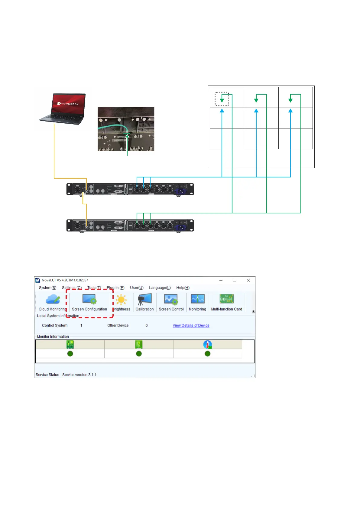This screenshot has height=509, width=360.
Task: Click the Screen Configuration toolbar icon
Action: [89, 299]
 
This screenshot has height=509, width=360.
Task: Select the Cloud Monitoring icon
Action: [53, 299]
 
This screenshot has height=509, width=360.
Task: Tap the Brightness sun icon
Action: [121, 300]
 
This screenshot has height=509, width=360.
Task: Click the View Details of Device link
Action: [191, 326]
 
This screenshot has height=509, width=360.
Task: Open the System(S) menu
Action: [47, 288]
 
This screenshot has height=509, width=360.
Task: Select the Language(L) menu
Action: [160, 288]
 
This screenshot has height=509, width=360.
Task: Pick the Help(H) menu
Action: [183, 288]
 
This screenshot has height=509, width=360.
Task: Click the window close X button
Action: [248, 280]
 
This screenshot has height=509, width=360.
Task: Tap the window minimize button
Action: [221, 280]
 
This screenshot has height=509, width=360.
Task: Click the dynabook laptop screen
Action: [69, 104]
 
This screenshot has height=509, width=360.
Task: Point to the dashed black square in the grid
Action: [222, 99]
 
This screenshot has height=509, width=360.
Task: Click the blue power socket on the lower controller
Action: [181, 227]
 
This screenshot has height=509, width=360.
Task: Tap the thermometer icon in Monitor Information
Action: [207, 345]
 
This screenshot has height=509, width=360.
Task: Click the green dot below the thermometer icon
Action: [207, 354]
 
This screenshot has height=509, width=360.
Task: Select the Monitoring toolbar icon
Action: [197, 299]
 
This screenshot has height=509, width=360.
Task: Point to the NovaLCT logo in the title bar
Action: [38, 280]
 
